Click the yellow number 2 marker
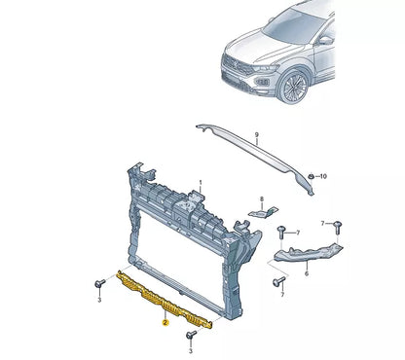pos(166,319)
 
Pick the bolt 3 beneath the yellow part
pos(192,335)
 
